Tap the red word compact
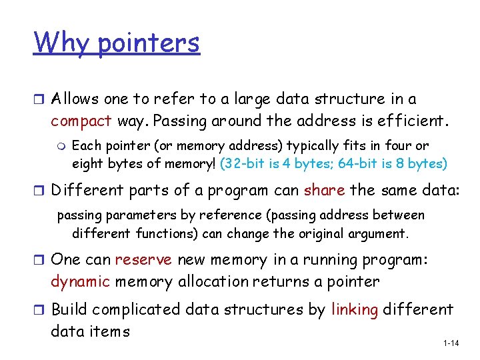pyautogui.click(x=81, y=122)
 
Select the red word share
pyautogui.click(x=323, y=190)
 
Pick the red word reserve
pyautogui.click(x=143, y=260)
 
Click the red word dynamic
pyautogui.click(x=80, y=281)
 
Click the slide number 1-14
pyautogui.click(x=451, y=343)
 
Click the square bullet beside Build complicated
pyautogui.click(x=39, y=310)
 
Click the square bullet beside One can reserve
pyautogui.click(x=39, y=260)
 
